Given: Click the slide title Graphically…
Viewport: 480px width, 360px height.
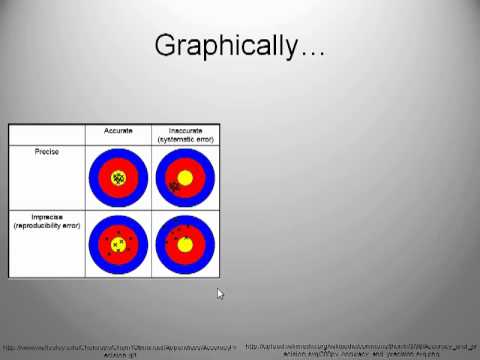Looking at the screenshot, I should [x=239, y=46].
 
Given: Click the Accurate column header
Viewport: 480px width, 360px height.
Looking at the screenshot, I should [x=119, y=130].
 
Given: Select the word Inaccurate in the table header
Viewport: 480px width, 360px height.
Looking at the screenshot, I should [x=185, y=130].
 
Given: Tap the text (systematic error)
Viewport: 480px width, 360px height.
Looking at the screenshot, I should [x=185, y=138].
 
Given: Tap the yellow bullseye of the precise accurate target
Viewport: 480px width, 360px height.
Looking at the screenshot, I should [x=119, y=178].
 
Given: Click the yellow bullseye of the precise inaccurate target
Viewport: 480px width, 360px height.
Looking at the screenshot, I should [x=185, y=178].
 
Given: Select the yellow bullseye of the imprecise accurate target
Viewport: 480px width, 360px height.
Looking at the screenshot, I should [x=119, y=244].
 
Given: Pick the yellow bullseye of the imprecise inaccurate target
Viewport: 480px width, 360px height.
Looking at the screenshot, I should [x=185, y=244].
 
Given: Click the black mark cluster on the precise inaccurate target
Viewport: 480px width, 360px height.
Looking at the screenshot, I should [x=174, y=186].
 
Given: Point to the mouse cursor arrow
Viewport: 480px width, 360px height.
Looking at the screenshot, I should [x=220, y=293].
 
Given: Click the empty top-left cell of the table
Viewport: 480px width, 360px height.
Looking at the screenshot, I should [x=46, y=134].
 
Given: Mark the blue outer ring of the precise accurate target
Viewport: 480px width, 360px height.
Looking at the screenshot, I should [x=94, y=178].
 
